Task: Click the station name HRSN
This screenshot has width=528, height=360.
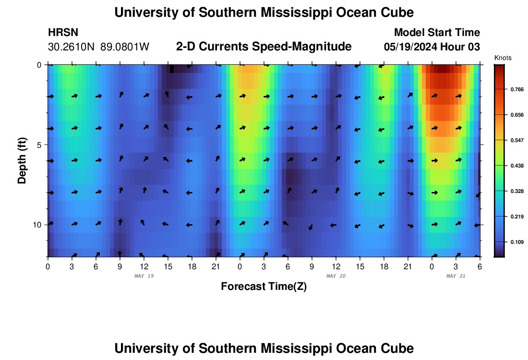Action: pos(63,33)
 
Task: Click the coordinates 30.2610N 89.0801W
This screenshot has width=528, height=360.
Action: pos(98,47)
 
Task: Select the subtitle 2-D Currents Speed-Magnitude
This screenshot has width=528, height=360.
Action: pos(264,47)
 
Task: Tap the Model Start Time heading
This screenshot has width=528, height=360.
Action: pos(437,33)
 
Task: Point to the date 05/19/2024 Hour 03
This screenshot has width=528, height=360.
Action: pos(432,47)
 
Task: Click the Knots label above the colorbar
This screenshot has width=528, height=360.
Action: pos(503,58)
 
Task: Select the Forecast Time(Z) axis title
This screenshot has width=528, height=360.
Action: pos(264,287)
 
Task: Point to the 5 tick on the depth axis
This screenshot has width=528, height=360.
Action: pos(40,144)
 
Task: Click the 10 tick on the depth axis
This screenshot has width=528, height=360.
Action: pos(38,225)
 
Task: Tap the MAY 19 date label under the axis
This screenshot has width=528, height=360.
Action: pos(144,276)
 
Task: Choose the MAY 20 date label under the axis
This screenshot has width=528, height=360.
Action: pos(336,276)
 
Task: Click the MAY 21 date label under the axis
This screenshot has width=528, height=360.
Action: pos(456,276)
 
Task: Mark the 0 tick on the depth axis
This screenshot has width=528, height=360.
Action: pos(40,65)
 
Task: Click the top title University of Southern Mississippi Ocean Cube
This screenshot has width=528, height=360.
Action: pos(264,12)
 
